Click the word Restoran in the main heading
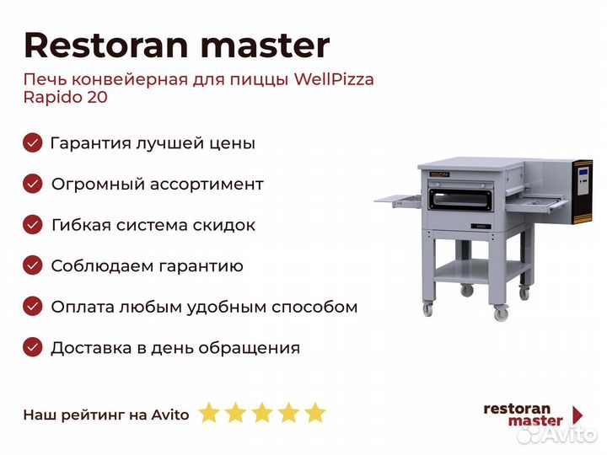point(106,45)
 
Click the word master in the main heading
point(266,45)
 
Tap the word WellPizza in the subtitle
point(334,79)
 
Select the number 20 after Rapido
point(97,97)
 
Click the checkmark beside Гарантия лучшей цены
point(33,142)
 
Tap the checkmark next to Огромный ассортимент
point(33,184)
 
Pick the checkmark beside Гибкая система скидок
point(33,225)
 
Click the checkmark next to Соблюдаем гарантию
point(33,265)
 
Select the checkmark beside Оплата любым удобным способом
point(33,307)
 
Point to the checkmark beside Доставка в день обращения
point(33,347)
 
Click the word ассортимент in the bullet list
point(207,185)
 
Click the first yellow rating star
point(209,412)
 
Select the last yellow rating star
point(315,412)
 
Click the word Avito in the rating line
point(170,415)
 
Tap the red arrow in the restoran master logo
point(577,415)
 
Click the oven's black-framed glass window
point(460,200)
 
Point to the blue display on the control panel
point(583,172)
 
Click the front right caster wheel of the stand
point(501,312)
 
